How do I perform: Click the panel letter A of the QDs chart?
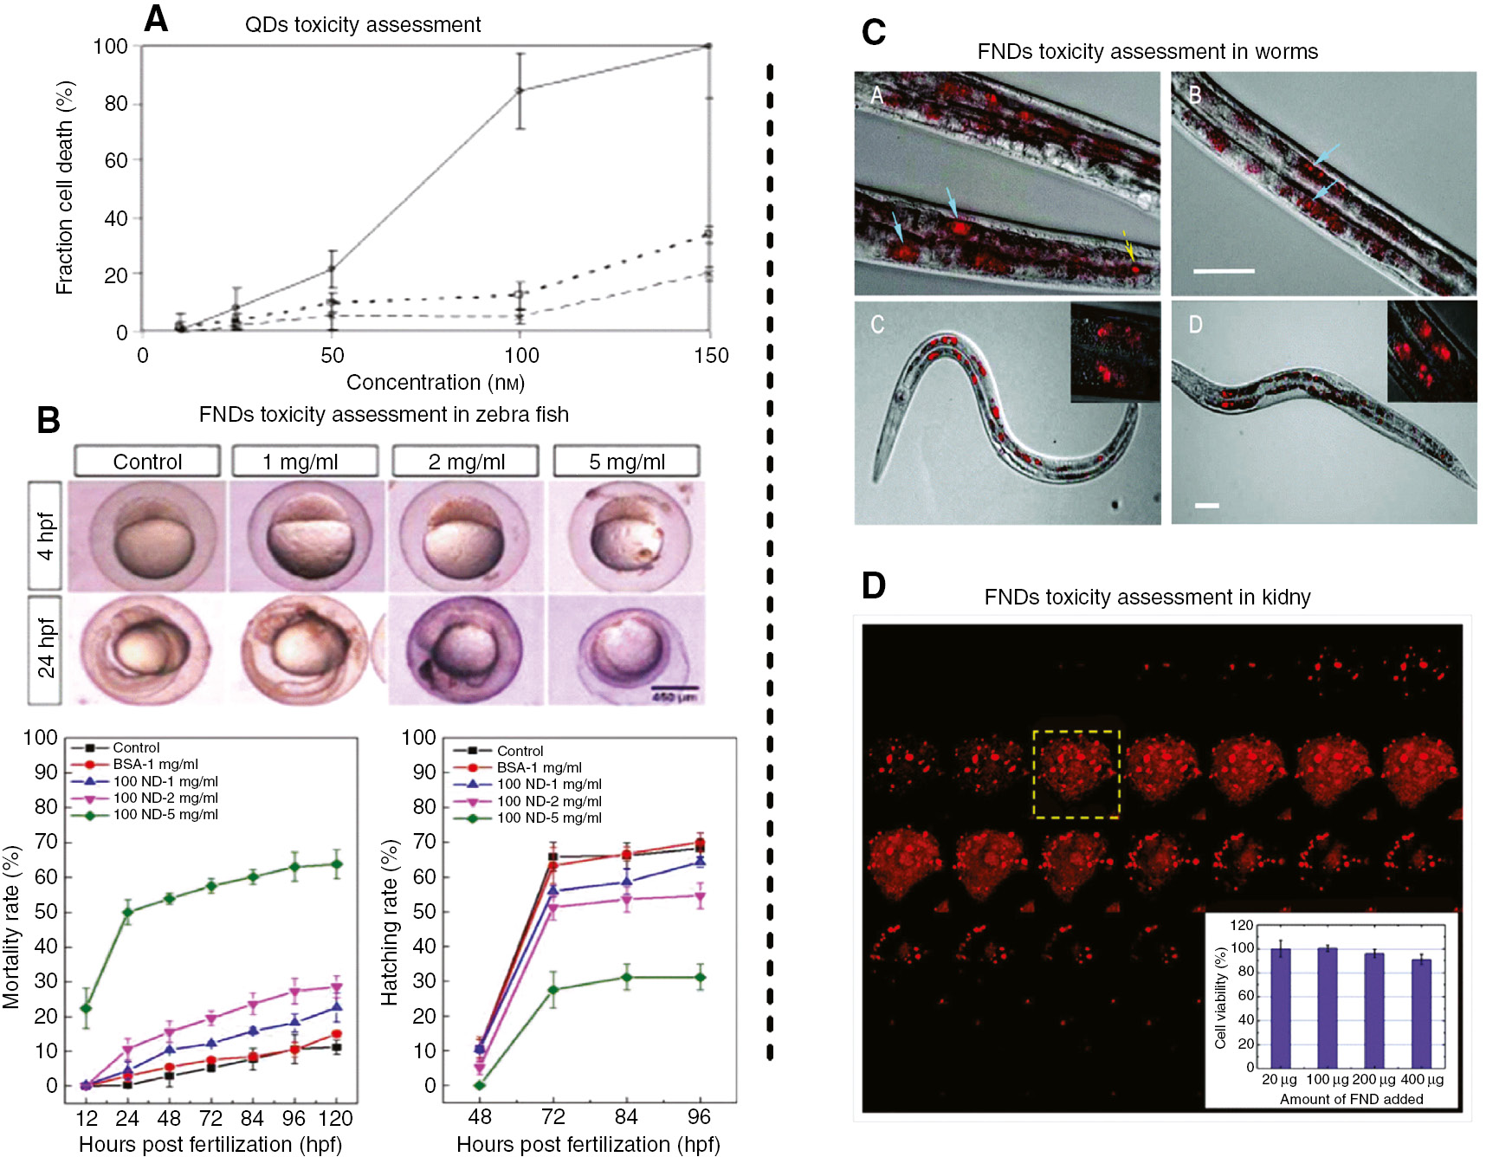(x=156, y=18)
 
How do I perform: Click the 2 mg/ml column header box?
(x=466, y=462)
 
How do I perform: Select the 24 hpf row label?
(x=45, y=649)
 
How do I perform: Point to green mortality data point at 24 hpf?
(x=127, y=911)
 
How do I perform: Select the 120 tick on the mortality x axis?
(x=336, y=1118)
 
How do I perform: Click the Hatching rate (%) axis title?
(x=389, y=922)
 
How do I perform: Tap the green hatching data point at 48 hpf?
(x=480, y=1085)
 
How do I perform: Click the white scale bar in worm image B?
(x=1224, y=271)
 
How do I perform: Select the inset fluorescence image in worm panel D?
(x=1431, y=351)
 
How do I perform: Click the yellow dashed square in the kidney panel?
(x=1076, y=773)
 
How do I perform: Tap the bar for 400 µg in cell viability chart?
(x=1421, y=1012)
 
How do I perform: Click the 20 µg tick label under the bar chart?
(x=1279, y=1079)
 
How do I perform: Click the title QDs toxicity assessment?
(x=362, y=24)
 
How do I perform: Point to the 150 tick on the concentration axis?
(x=711, y=355)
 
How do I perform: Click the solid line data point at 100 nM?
(x=520, y=90)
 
